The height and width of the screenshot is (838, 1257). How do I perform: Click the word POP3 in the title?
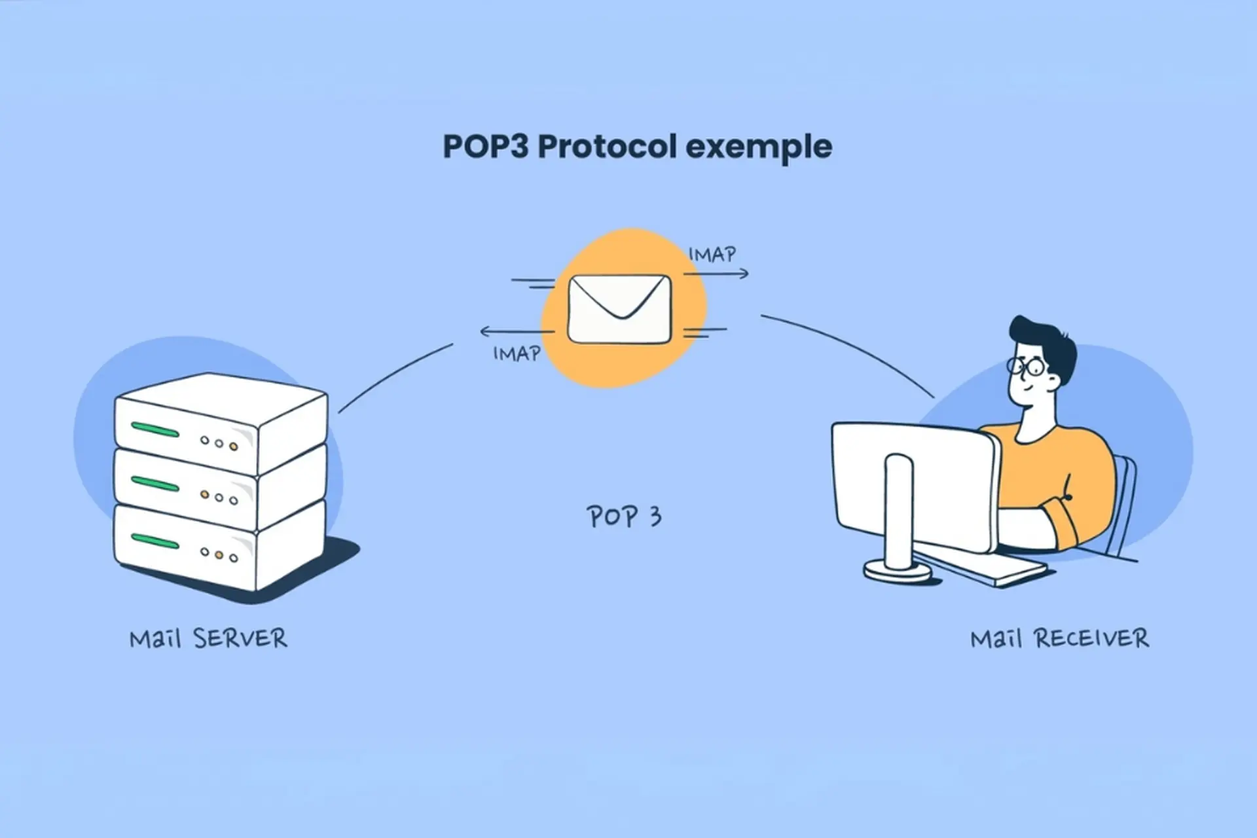[485, 147]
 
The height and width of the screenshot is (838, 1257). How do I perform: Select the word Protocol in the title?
[607, 147]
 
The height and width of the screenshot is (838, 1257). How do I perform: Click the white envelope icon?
[619, 309]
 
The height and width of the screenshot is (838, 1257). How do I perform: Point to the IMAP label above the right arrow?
[712, 254]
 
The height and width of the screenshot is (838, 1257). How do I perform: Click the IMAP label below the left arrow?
[517, 354]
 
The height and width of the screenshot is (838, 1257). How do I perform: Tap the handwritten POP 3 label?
[624, 517]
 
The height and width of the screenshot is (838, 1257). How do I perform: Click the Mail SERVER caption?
[208, 638]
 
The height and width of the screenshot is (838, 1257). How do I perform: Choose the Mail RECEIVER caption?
[1059, 638]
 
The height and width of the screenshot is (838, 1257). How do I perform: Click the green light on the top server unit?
[155, 430]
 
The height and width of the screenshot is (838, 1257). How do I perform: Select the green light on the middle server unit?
[155, 484]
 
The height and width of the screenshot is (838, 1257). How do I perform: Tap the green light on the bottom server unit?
[155, 541]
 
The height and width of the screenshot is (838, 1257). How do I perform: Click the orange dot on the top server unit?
[234, 446]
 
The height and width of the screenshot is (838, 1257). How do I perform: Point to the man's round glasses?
[1026, 366]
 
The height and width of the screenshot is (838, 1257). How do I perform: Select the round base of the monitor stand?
[898, 570]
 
